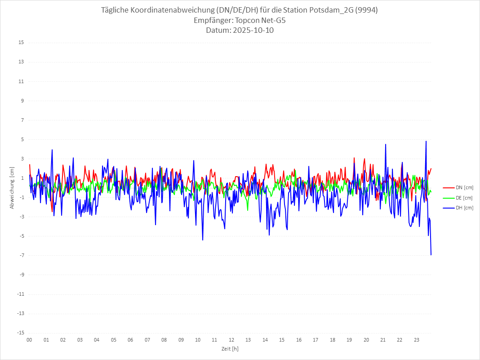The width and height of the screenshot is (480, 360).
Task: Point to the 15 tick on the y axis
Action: point(21,43)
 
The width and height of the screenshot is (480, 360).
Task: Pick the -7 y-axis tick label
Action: point(21,255)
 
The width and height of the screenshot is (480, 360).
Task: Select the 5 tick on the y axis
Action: point(22,139)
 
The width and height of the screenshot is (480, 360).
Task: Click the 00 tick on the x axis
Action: point(29,340)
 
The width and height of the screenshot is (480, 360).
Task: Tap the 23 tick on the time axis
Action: point(417,340)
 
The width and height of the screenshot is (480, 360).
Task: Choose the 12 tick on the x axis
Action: point(231,340)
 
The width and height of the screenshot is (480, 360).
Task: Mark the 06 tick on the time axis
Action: point(130,340)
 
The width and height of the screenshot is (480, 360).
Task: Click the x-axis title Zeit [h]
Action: point(230,348)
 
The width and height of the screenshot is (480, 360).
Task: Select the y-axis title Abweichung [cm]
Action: point(12,187)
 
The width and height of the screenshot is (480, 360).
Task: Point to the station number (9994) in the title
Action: point(365,10)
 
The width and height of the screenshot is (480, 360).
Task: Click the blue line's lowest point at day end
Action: point(431,255)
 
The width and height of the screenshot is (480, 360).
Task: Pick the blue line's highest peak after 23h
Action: point(426,141)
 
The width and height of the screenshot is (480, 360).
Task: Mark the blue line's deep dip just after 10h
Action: point(203,240)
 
